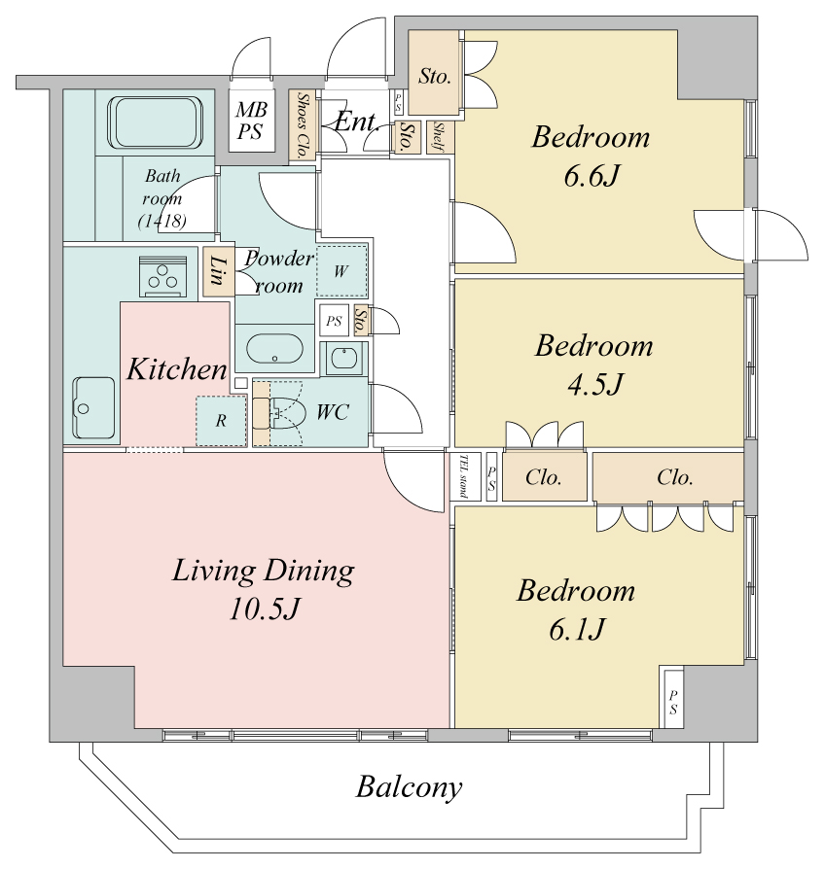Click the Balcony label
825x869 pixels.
409,787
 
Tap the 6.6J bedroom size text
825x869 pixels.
592,176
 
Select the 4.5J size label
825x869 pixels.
595,384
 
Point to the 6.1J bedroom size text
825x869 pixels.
577,629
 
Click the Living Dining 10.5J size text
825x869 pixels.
264,608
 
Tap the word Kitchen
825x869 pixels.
177,369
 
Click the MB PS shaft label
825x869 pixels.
251,121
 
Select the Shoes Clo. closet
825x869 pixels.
303,125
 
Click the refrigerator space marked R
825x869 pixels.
221,421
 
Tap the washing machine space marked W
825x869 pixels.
341,271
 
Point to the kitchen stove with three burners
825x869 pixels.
162,277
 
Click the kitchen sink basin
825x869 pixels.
93,407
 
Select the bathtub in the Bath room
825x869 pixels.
156,122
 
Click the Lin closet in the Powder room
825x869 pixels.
218,271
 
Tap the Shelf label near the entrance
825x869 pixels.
440,137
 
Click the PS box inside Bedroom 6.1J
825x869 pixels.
672,698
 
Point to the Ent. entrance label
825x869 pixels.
357,122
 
